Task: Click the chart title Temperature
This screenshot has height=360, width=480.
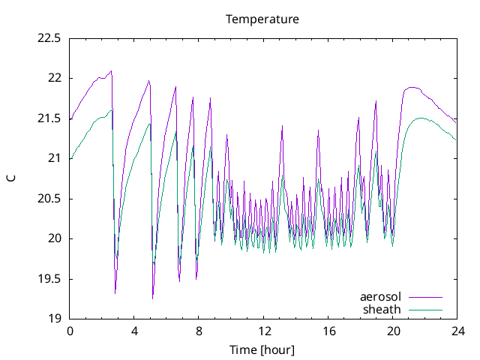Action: coord(262,19)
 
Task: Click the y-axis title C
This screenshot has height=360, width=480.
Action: coord(10,178)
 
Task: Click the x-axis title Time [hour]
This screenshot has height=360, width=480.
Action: coord(262,350)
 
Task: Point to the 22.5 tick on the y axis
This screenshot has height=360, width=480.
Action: coord(49,38)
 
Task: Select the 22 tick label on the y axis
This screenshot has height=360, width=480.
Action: coord(55,78)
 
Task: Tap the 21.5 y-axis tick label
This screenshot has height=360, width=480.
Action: coord(49,118)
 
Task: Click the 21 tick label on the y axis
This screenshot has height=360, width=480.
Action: coord(55,158)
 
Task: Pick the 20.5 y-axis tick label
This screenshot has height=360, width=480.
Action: coord(49,199)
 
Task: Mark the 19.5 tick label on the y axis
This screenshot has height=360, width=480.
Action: coord(49,279)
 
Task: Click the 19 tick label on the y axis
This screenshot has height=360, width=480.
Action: coord(55,319)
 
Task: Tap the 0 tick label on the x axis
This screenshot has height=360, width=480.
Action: coord(70,331)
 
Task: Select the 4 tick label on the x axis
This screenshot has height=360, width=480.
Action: coord(134,331)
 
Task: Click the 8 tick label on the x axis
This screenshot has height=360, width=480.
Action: coord(199,331)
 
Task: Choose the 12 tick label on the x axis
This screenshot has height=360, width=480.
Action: coord(263,331)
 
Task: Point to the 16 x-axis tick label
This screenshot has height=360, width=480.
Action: coord(328,331)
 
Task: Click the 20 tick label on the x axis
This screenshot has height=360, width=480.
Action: coord(392,331)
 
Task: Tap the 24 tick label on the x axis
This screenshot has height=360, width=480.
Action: coord(457,331)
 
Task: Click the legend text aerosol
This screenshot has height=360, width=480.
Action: coord(381,297)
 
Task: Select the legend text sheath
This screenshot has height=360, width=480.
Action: coord(382,309)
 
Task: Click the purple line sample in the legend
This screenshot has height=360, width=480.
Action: coord(425,298)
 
